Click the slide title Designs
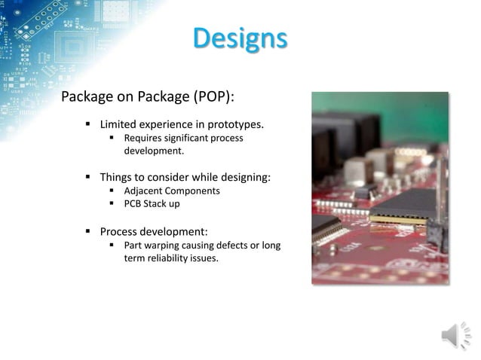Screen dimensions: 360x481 [239, 38]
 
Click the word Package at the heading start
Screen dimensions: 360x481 [87, 97]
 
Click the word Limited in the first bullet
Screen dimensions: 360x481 [118, 124]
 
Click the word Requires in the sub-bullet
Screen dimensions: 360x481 [144, 138]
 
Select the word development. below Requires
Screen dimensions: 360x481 [154, 151]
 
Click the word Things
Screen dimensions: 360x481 [116, 177]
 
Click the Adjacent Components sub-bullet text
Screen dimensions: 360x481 [172, 191]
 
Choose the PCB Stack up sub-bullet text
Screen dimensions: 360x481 [152, 203]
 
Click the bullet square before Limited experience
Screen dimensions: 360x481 [88, 124]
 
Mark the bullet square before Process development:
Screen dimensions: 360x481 [88, 230]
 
